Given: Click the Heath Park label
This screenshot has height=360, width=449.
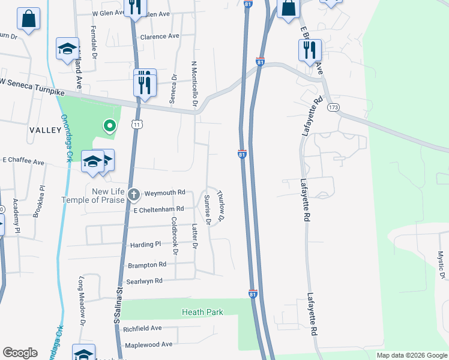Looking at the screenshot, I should point(202,312).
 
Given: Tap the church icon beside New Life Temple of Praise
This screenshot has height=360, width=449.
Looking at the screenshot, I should point(134,194).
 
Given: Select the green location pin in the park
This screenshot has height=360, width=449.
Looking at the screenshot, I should point(109,126).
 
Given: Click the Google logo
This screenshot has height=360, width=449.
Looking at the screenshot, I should point(20,353).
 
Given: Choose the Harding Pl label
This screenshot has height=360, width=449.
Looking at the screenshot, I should point(145,245).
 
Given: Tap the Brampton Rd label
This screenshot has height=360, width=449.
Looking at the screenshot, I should point(146,265).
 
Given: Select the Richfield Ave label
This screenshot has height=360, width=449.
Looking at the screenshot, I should point(142,329).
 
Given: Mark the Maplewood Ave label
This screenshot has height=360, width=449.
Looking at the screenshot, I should point(148,344).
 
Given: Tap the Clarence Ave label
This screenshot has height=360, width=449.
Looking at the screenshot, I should point(160,36).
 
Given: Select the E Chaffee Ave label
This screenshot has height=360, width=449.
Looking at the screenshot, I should point(23,161).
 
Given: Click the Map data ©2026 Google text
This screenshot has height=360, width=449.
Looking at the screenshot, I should point(411,355).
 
